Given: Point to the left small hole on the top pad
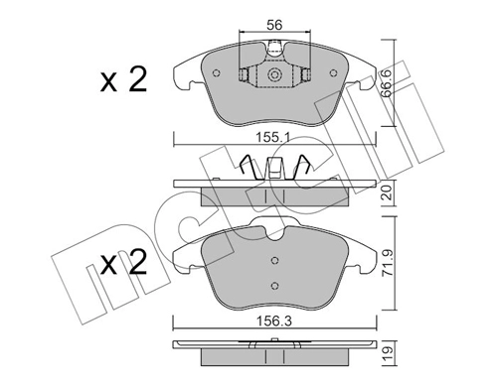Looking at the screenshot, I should (x=244, y=73).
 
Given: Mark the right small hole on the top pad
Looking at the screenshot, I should (x=305, y=73).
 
